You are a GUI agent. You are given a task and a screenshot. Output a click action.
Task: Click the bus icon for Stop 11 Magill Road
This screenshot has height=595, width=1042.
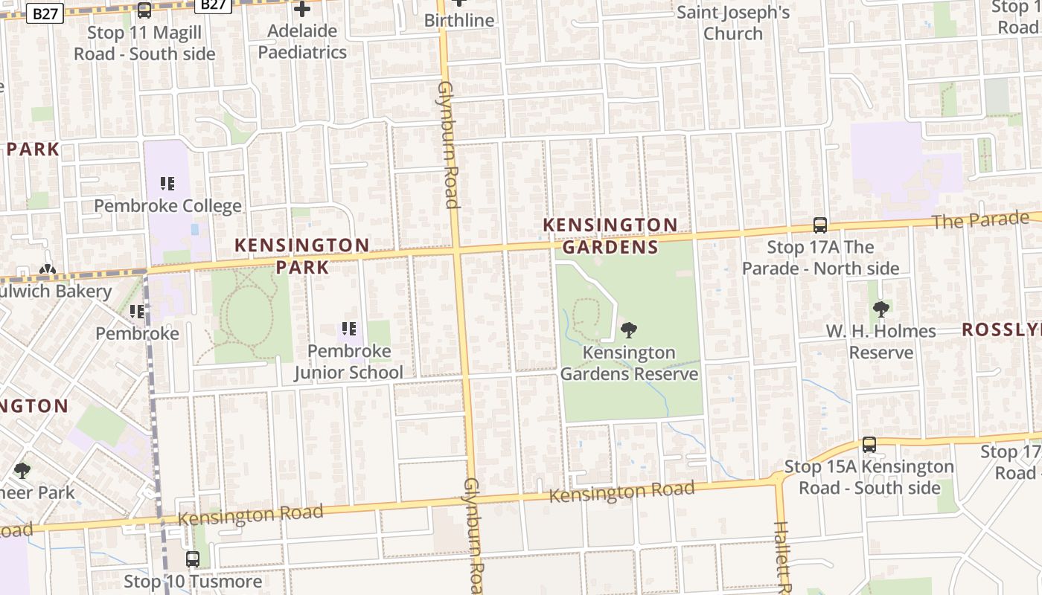(x=144, y=10)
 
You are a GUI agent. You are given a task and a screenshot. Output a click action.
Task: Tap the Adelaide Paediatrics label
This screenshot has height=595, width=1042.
(x=302, y=42)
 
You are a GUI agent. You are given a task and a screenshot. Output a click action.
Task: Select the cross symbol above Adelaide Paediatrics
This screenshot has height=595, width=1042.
(x=302, y=10)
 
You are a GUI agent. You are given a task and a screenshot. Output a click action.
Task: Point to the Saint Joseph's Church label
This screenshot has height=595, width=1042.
(x=733, y=23)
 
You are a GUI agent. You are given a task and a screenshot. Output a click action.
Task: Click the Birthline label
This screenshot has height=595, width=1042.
(x=459, y=20)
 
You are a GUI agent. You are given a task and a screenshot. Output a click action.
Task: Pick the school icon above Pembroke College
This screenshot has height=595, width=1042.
(x=167, y=183)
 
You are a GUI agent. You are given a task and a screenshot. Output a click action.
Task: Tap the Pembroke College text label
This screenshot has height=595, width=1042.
(x=167, y=206)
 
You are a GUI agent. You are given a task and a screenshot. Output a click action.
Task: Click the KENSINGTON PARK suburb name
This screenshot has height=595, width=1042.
(x=302, y=255)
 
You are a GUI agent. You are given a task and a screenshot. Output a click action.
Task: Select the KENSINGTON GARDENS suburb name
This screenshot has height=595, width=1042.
(x=610, y=236)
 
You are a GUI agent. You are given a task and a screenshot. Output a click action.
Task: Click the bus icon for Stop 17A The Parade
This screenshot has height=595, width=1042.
(x=820, y=225)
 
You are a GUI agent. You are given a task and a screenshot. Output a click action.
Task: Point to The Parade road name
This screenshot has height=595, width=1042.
(x=980, y=220)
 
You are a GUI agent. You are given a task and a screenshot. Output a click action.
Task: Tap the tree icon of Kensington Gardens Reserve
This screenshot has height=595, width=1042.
(x=629, y=329)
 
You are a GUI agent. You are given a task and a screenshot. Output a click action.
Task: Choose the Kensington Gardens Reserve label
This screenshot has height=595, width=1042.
(x=629, y=363)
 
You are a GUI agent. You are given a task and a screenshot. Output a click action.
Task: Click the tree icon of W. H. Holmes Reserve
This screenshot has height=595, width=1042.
(x=881, y=309)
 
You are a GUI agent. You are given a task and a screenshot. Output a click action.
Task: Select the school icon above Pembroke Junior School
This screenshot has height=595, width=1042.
(x=348, y=328)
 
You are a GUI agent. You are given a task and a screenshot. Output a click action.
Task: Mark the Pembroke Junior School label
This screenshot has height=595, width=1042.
(x=348, y=361)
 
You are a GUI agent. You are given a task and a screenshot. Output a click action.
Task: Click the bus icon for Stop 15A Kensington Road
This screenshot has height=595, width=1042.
(x=869, y=445)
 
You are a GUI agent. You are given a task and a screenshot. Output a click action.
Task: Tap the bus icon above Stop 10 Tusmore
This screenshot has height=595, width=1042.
(x=193, y=559)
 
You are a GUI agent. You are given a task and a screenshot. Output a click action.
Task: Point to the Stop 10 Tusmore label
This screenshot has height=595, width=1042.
(x=193, y=581)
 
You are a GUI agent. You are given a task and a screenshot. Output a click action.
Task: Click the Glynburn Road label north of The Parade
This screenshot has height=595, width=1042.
(x=449, y=145)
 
